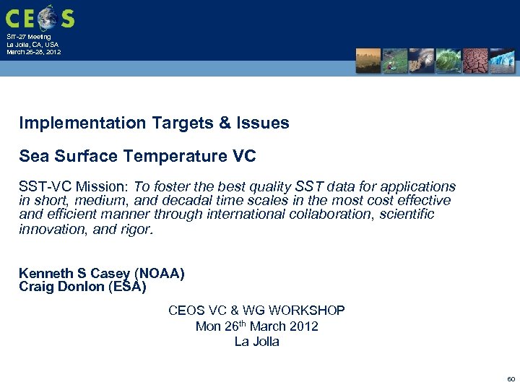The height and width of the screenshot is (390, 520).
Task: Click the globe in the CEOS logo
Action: coord(48,16)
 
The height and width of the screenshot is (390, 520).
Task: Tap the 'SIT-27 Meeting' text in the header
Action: coord(29,36)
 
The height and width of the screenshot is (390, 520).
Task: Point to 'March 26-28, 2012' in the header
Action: coord(33,52)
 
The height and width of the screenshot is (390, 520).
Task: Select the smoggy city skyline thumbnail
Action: coord(368,61)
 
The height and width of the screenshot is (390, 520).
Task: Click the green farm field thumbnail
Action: coord(395,61)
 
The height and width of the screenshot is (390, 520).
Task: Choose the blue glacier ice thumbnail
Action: coord(502,61)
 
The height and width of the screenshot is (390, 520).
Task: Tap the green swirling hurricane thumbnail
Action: coord(448,61)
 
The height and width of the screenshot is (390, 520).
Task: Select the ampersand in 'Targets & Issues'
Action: coord(222,123)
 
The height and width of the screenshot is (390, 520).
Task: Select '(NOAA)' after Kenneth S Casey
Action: coord(159,273)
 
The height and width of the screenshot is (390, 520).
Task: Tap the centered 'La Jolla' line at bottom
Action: coord(256,342)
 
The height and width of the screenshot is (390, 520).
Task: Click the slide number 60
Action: coord(511,378)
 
